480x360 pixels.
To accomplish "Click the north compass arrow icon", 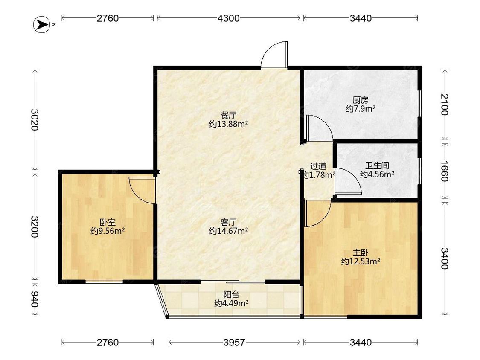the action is pos(41,24).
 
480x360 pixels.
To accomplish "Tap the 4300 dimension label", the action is pos(228,18).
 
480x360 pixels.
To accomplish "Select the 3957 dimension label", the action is pos(234,342).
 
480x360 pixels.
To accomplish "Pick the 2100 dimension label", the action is pos(445,105).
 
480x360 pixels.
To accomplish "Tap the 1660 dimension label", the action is pos(445,171).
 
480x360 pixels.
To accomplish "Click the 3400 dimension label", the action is pos(445,258).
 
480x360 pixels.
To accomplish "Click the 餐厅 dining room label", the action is pos(228,116).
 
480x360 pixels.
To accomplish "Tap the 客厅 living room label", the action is pos(228,222).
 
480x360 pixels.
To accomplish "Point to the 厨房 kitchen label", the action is pos(360,100).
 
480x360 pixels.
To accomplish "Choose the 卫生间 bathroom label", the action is pos(377,166).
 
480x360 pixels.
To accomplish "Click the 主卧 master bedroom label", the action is pos(360,253).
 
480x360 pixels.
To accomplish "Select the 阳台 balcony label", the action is pos(231,295).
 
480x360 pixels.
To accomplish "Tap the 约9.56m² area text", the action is pos(108,231).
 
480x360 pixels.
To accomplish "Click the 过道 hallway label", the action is pos(318,166).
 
